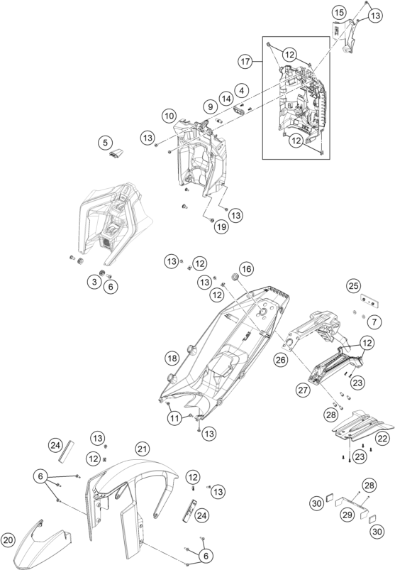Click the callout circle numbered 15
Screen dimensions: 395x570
point(339,13)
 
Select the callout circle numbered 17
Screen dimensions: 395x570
point(245,62)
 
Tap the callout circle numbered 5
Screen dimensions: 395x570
point(105,142)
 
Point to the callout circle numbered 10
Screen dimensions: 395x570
point(169,116)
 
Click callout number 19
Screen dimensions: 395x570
point(221,227)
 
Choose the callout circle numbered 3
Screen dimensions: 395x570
point(94,282)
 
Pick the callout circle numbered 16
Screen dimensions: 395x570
point(247,269)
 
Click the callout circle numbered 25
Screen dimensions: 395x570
point(354,286)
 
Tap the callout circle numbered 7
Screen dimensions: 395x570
point(374,322)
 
